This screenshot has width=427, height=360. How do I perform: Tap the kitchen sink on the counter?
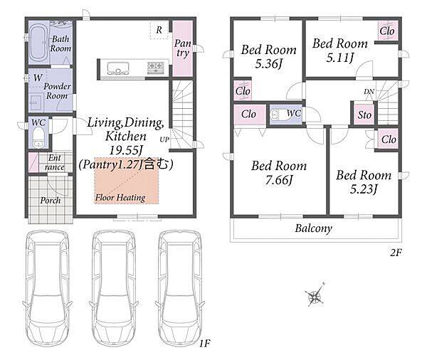click(x=118, y=68)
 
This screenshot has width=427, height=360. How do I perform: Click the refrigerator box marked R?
click(x=159, y=30)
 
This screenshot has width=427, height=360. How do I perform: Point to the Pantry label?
click(x=183, y=48)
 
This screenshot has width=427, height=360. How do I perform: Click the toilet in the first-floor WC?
click(x=38, y=137)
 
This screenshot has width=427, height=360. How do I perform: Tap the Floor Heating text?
click(x=120, y=197)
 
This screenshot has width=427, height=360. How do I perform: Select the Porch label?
click(x=51, y=201)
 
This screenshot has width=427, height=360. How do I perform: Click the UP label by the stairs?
click(x=164, y=139)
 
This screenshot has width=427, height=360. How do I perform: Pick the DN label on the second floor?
click(x=369, y=92)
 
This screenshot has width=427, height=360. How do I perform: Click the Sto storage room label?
click(x=364, y=115)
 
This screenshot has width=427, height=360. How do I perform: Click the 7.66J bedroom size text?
click(x=279, y=180)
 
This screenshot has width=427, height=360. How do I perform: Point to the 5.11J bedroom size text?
click(x=340, y=58)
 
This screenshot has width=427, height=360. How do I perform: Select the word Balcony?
click(x=313, y=228)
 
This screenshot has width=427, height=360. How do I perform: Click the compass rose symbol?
click(x=315, y=296)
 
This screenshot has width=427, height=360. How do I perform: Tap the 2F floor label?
click(x=396, y=253)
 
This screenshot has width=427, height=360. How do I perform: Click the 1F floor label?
click(x=204, y=344)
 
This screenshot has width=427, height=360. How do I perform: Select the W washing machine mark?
click(x=38, y=78)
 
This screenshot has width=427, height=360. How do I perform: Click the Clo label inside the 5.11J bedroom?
click(x=387, y=31)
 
